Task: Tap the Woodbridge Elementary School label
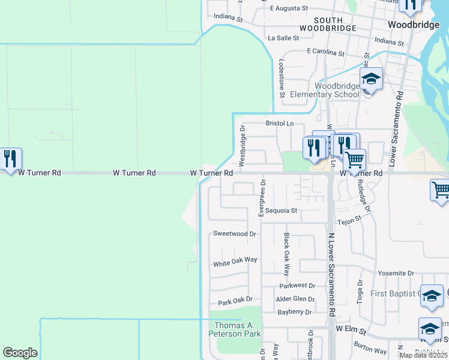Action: pyautogui.click(x=324, y=90)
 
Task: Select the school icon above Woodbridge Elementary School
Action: pyautogui.click(x=371, y=79)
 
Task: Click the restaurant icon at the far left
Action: pyautogui.click(x=10, y=158)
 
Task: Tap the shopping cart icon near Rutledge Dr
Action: pyautogui.click(x=354, y=160)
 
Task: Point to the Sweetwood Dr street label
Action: pyautogui.click(x=235, y=234)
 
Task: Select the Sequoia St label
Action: pyautogui.click(x=282, y=211)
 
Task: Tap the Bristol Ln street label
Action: pyautogui.click(x=280, y=124)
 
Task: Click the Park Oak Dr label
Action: pyautogui.click(x=235, y=300)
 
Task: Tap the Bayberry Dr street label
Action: pyautogui.click(x=295, y=312)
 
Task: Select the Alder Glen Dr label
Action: pyautogui.click(x=295, y=299)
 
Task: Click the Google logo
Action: pyautogui.click(x=20, y=353)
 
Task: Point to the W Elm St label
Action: pyautogui.click(x=351, y=329)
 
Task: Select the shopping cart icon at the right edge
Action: pyautogui.click(x=440, y=191)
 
